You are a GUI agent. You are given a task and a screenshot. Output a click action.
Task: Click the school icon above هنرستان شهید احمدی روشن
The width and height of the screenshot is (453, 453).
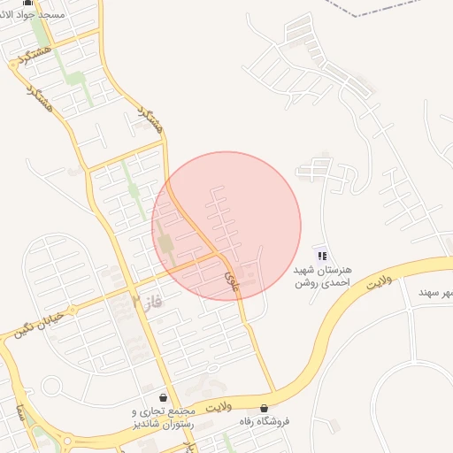321,256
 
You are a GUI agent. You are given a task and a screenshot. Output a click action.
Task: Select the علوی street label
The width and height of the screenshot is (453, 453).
232,280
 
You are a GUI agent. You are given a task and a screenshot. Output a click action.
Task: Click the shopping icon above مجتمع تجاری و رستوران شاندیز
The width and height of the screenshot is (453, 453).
163,398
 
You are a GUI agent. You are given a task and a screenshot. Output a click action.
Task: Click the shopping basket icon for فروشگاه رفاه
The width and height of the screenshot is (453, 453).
264,408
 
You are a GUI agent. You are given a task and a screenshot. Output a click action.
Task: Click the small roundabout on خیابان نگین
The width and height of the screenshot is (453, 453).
50,385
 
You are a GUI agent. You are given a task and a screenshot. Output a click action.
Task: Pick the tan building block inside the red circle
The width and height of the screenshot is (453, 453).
166,242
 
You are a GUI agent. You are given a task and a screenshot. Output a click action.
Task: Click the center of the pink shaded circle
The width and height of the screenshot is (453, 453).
226,226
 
